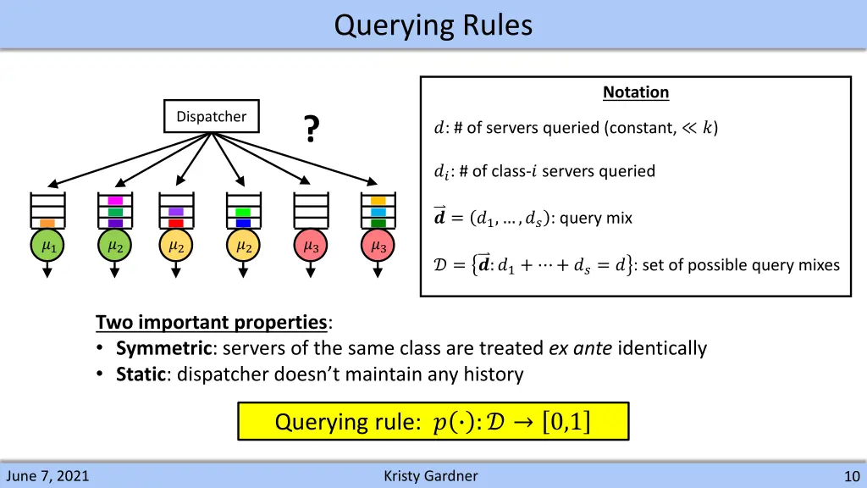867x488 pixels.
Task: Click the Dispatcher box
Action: [211, 117]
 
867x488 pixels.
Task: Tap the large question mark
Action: [312, 130]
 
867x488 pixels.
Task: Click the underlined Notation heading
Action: [636, 92]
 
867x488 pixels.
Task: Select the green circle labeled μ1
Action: [48, 247]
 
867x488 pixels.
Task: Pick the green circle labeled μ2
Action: [116, 247]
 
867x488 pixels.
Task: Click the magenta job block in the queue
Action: [116, 201]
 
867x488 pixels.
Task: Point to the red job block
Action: [176, 223]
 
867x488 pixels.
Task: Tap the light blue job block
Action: [378, 212]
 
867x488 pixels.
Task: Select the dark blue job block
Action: [243, 223]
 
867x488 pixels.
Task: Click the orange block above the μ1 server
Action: [48, 223]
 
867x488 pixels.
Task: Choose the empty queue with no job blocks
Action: [311, 210]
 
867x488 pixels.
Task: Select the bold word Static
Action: [140, 374]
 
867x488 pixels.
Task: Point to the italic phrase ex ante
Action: [581, 348]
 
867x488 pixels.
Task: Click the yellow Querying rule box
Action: [433, 421]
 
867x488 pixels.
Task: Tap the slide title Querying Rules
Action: [433, 25]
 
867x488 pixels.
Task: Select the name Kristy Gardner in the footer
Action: [430, 476]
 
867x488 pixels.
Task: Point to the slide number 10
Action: [852, 476]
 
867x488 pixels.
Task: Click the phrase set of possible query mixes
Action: [742, 265]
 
